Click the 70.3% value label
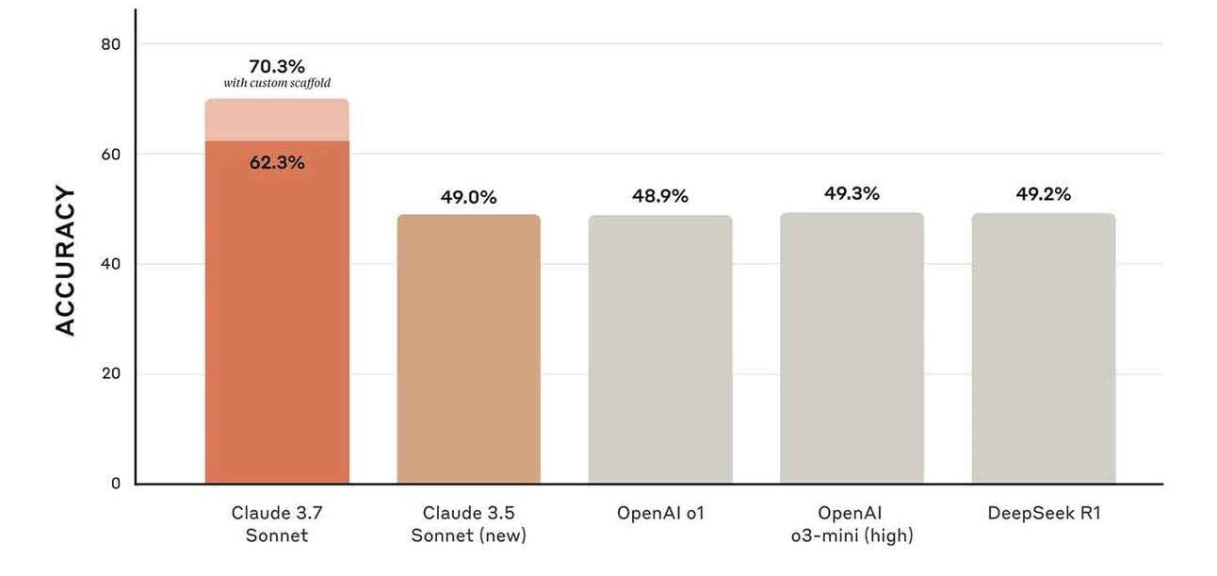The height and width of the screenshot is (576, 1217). pos(277,66)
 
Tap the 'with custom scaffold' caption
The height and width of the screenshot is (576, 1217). pos(277,83)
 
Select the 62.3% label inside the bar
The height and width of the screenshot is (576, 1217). pos(277,162)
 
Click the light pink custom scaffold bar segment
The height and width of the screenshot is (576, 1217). pos(277,120)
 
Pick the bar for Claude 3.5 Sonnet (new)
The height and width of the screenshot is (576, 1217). pos(469,349)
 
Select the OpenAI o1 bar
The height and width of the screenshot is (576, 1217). pos(660,349)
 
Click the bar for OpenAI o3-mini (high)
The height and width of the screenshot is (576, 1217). pos(852,348)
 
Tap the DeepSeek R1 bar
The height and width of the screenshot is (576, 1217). pos(1044,348)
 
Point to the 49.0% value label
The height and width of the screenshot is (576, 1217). pos(468,197)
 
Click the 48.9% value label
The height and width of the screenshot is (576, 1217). pos(660,196)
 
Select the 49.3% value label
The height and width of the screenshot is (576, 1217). pos(852,193)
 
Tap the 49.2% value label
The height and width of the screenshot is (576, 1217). pos(1044,193)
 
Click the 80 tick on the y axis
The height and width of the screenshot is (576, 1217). pos(111,44)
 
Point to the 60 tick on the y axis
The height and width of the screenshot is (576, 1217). pos(111,155)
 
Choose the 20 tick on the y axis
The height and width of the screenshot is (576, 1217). pos(111,373)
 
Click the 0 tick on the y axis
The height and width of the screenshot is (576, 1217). pos(116,484)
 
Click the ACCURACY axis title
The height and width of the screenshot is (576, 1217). pos(65,260)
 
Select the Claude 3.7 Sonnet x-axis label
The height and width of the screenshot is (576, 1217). pos(277,524)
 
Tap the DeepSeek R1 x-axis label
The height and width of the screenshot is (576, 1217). pos(1044,513)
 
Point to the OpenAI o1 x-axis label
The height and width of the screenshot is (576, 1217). pos(660,513)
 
